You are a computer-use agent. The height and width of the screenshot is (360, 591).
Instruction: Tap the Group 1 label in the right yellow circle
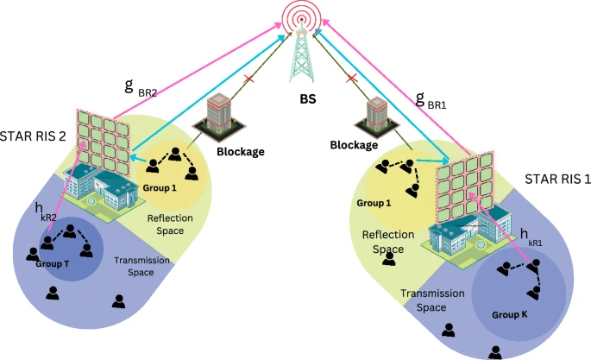click(x=374, y=204)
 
